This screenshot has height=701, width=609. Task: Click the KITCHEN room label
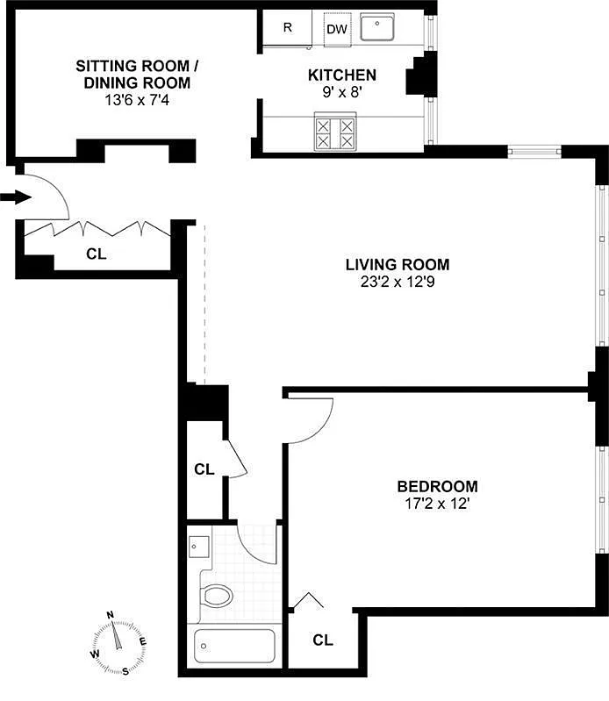pyautogui.click(x=342, y=75)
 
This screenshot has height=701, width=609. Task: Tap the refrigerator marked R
pyautogui.click(x=287, y=28)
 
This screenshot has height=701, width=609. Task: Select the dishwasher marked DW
pyautogui.click(x=338, y=29)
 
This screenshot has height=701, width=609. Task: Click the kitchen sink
pyautogui.click(x=377, y=27)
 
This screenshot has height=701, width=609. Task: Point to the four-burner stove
pyautogui.click(x=335, y=132)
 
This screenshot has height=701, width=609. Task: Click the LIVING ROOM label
pyautogui.click(x=398, y=265)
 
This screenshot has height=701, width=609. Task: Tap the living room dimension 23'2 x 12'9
pyautogui.click(x=398, y=283)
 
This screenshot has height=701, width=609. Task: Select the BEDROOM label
pyautogui.click(x=438, y=486)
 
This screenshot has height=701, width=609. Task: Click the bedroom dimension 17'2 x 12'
pyautogui.click(x=437, y=504)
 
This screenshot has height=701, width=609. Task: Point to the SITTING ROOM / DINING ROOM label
pyautogui.click(x=137, y=75)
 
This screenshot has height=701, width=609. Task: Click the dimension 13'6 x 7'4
pyautogui.click(x=137, y=100)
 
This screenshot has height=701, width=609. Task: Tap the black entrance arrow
pyautogui.click(x=16, y=197)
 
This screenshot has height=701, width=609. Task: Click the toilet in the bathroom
pyautogui.click(x=217, y=596)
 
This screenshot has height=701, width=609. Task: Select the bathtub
pyautogui.click(x=234, y=646)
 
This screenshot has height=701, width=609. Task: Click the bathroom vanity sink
pyautogui.click(x=198, y=547)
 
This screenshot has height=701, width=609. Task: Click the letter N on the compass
pyautogui.click(x=110, y=615)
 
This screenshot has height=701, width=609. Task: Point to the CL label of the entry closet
pyautogui.click(x=97, y=254)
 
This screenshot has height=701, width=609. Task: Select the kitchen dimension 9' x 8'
pyautogui.click(x=342, y=92)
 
